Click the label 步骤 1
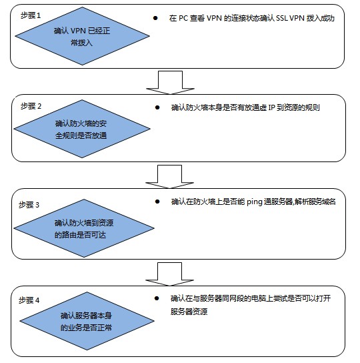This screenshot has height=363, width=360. tap(31, 15)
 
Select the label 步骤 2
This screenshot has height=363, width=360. tap(31, 106)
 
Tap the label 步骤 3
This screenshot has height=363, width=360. tap(29, 205)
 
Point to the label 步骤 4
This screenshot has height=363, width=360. tap(29, 300)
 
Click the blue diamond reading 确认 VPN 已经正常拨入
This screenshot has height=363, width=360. tap(82, 36)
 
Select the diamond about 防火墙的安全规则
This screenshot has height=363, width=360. tap(82, 129)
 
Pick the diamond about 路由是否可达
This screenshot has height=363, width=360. tap(84, 228)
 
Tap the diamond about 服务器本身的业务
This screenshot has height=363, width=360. tap(87, 321)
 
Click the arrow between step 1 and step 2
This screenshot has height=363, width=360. tap(170, 83)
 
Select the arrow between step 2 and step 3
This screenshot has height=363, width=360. tap(169, 177)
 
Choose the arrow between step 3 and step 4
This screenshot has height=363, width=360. tap(169, 274)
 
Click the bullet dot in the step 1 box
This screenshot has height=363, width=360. tap(155, 18)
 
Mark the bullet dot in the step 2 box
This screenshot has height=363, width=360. tap(157, 107)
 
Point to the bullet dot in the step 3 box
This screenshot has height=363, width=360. tap(157, 202)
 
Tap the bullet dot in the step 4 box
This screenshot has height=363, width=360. tap(157, 298)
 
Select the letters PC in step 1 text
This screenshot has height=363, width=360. tap(183, 18)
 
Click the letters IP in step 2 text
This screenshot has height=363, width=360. tap(271, 107)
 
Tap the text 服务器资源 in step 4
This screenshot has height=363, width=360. tap(189, 312)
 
